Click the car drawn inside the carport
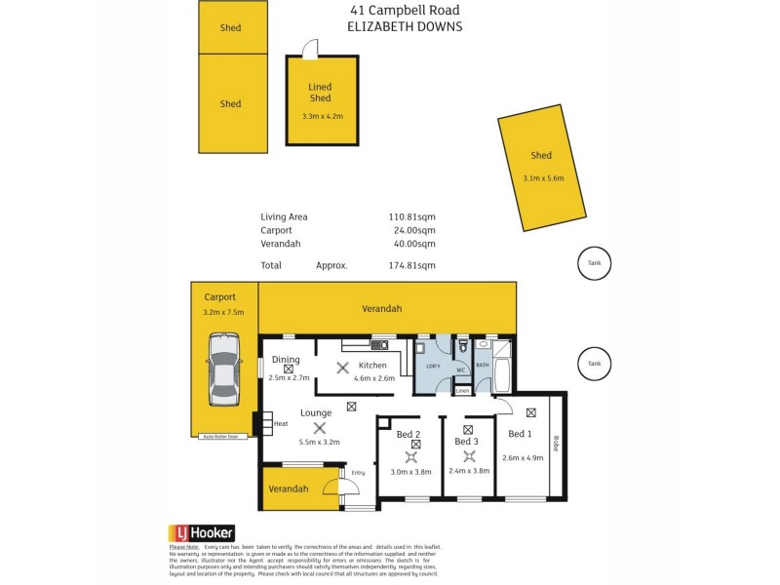[x=223, y=369]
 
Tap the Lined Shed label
[x=321, y=93]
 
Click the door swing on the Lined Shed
[x=310, y=48]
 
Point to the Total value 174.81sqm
[x=412, y=264]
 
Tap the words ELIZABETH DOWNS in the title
[x=405, y=27]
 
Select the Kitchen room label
[x=372, y=365]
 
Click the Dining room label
[x=286, y=360]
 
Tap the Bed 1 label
[x=520, y=434]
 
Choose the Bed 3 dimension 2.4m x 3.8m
[x=468, y=470]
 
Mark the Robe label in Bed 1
[x=556, y=445]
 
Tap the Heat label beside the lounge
[x=281, y=423]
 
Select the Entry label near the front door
[x=358, y=473]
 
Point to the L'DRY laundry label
[x=434, y=366]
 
